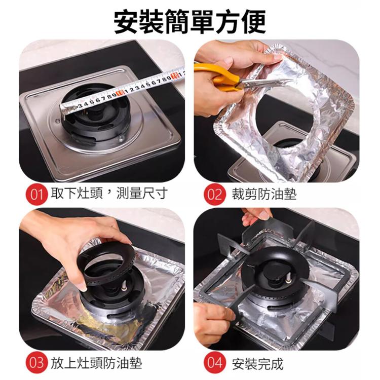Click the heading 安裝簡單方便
pos(190,22)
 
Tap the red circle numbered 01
pos(36,195)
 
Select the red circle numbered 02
pos(214,195)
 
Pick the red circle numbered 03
pos(36,363)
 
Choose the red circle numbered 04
pos(214,363)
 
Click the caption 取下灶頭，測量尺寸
pos(109,194)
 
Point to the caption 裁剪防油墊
pos(264,194)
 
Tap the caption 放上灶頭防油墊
pos(96,363)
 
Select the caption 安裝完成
pos(257,363)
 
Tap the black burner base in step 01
pos(96,117)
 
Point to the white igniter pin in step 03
pos(124,286)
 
